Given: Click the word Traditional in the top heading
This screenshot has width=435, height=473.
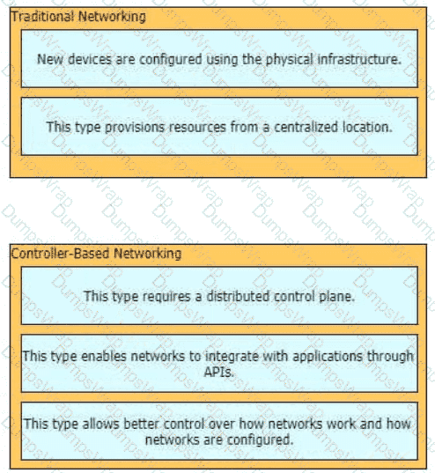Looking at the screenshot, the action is tap(42, 16).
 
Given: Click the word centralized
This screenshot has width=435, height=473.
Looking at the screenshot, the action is tap(306, 127).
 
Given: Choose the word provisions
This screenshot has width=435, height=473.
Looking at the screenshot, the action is tap(135, 128).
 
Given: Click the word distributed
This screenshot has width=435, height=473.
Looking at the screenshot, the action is tap(239, 296).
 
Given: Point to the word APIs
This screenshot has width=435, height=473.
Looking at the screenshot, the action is tap(218, 372).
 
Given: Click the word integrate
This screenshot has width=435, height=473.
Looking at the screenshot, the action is tap(232, 356).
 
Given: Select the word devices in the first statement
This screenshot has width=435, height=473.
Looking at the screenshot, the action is tap(90, 59).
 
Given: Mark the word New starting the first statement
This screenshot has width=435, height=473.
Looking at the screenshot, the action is tap(50, 59).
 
